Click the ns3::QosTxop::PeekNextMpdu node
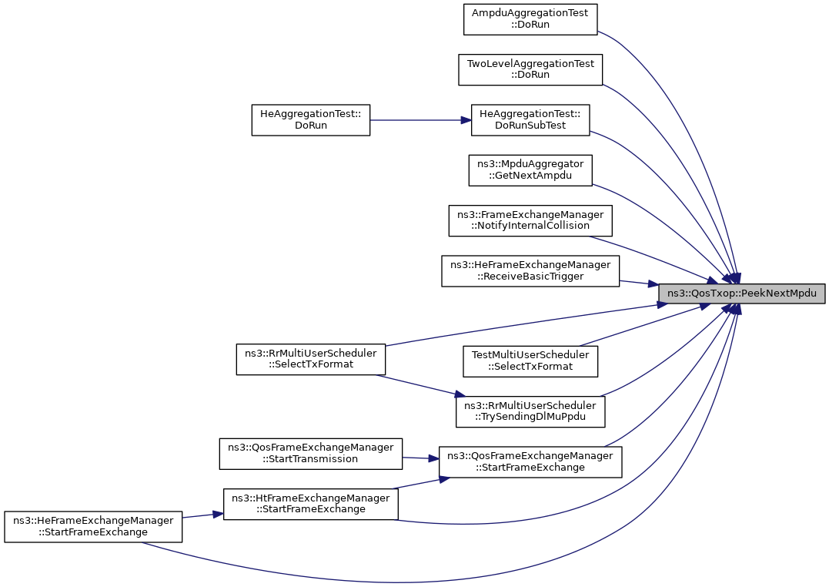tap(742, 293)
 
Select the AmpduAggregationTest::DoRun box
tap(530, 19)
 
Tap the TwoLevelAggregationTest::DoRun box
tap(530, 69)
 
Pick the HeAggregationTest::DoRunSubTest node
tap(530, 120)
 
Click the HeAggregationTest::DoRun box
tap(311, 120)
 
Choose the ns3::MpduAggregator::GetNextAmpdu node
tap(530, 170)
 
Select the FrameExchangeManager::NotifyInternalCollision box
tap(530, 221)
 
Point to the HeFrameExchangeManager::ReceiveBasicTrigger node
tap(530, 271)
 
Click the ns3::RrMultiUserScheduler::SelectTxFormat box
tap(311, 360)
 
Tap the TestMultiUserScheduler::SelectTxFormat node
tap(530, 361)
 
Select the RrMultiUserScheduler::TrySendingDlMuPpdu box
tap(530, 412)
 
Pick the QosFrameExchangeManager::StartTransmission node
tap(311, 454)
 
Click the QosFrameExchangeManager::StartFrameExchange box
tap(530, 462)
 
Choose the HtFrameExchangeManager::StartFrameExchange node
tap(311, 504)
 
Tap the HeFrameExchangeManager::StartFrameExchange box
tap(93, 527)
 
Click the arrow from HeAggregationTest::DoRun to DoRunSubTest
tap(420, 120)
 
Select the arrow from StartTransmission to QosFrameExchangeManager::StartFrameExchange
tap(421, 458)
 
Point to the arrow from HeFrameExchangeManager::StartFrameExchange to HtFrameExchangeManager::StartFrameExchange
tap(202, 515)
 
